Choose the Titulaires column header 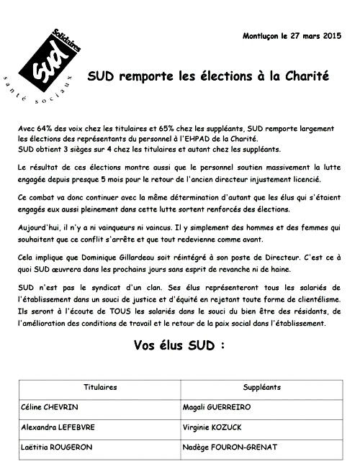tap(101, 387)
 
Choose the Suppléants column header tap(261, 387)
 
